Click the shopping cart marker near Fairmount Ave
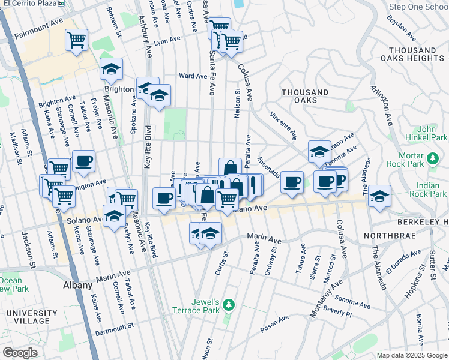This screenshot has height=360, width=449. click(x=76, y=41)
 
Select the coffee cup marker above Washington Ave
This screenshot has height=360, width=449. click(x=83, y=161)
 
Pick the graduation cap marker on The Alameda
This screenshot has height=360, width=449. click(x=379, y=196)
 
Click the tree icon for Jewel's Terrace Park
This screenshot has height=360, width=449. click(x=228, y=306)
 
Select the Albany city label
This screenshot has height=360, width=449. click(x=78, y=286)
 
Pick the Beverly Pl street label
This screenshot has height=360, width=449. click(x=337, y=311)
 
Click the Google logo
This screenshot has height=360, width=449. click(x=20, y=353)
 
